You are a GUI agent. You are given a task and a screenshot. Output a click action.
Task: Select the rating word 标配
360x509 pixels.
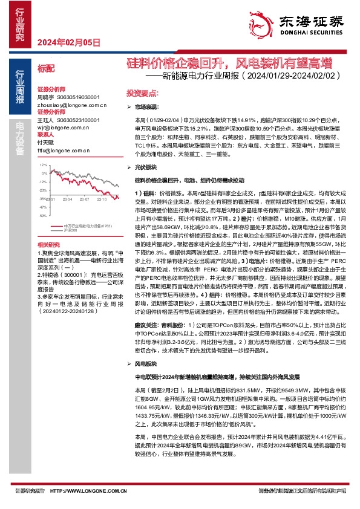pos(46,69)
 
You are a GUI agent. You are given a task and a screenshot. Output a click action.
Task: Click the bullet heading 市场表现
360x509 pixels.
pos(146,106)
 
